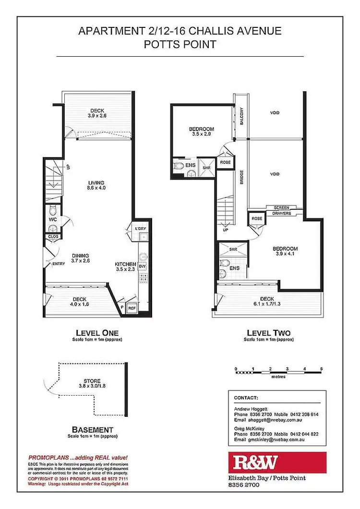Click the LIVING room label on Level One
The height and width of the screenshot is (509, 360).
[96, 182]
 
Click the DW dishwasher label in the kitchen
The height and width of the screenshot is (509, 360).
[142, 266]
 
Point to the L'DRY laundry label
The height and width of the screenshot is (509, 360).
[140, 228]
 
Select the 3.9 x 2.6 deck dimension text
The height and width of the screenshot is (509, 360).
[97, 116]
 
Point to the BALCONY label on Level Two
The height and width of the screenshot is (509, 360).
[242, 116]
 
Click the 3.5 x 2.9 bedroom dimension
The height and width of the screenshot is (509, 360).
[201, 135]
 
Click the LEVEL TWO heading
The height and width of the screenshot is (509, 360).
[268, 333]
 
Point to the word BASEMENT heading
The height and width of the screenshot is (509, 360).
[92, 429]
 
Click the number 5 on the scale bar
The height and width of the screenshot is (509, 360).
[321, 368]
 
